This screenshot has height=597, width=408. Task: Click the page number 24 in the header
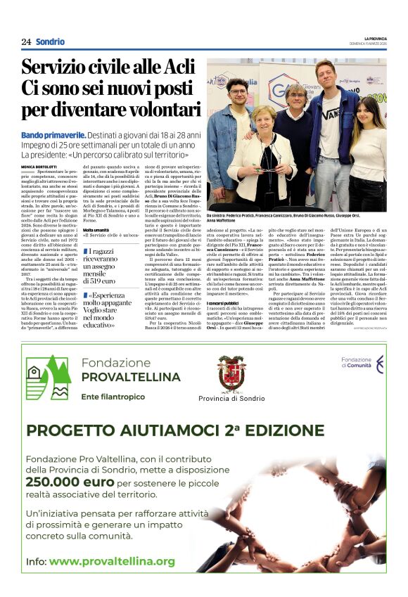coord(26,42)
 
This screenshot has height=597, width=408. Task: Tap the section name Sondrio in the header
coord(50,42)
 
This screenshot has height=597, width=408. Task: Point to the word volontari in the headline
coord(155,110)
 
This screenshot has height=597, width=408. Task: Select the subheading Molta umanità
coord(96,230)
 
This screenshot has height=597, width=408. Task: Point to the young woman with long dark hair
coord(368,148)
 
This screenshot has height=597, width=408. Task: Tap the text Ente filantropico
coord(109,397)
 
